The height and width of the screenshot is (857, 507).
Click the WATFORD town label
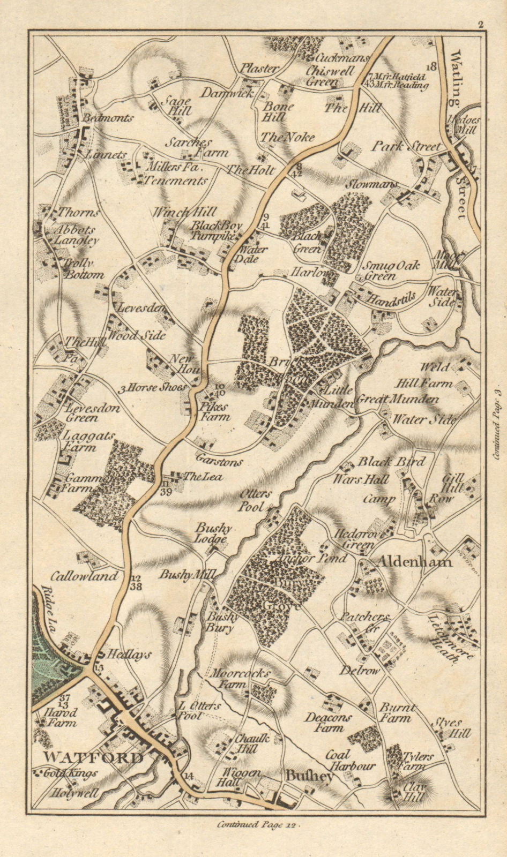coord(93,757)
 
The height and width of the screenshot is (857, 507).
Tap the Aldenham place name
coord(415,561)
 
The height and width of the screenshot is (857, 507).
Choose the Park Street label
coord(407,146)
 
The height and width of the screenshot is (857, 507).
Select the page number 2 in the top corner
coord(481,24)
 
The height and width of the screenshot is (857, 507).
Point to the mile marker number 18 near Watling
coord(433,66)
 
